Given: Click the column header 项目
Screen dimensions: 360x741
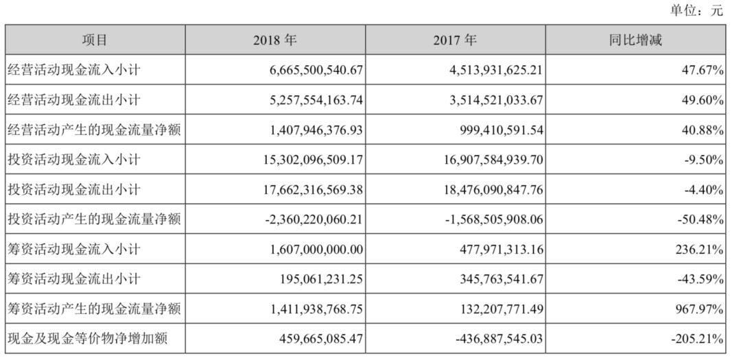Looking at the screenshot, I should pyautogui.click(x=95, y=40).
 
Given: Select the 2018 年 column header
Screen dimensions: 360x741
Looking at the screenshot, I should pyautogui.click(x=275, y=40).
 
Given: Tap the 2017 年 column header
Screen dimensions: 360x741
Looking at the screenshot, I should pyautogui.click(x=455, y=40).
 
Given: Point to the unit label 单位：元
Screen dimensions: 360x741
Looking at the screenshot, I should pyautogui.click(x=696, y=10).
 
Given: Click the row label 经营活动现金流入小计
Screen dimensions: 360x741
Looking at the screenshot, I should pyautogui.click(x=73, y=70).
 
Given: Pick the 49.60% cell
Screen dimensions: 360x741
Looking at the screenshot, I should pyautogui.click(x=703, y=100).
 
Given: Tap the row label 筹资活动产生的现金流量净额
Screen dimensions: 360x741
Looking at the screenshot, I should pyautogui.click(x=93, y=309).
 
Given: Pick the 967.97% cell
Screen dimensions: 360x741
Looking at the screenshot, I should pyautogui.click(x=701, y=309).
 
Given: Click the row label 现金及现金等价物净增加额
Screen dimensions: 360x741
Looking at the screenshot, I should pyautogui.click(x=87, y=339).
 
